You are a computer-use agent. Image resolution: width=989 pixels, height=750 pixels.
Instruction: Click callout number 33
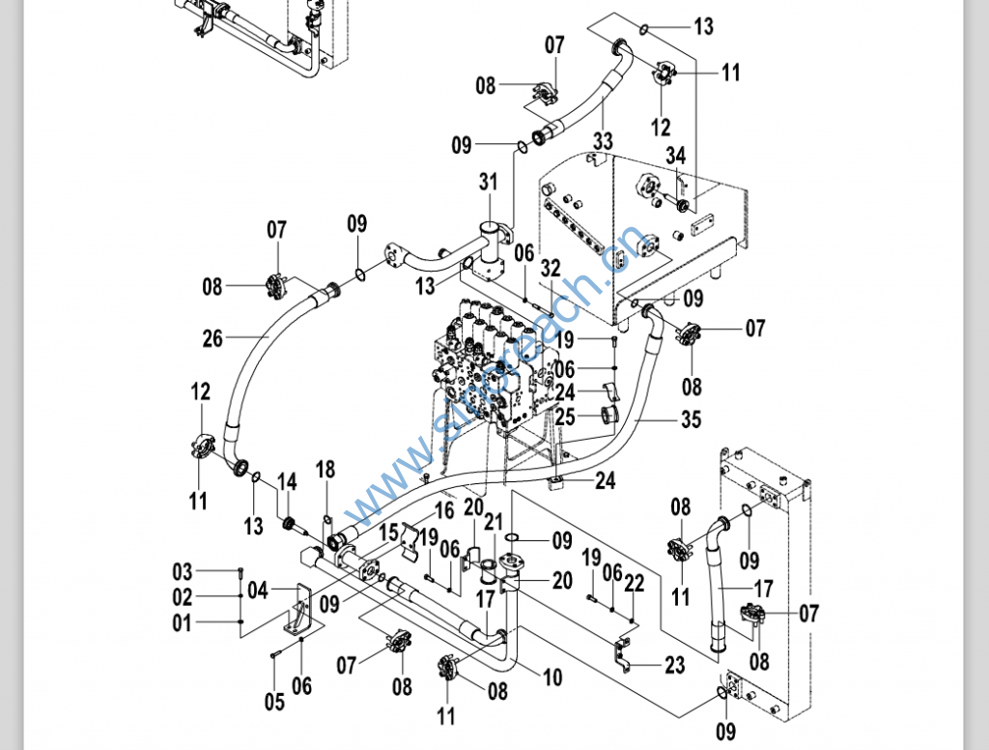[x=603, y=141]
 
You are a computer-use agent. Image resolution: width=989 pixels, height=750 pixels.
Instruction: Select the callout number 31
[x=489, y=182]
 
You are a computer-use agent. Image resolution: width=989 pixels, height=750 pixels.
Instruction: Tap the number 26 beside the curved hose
[x=212, y=338]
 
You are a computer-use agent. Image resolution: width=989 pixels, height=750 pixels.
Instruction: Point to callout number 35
[x=691, y=420]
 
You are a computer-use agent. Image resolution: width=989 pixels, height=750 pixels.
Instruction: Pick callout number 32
[x=551, y=267]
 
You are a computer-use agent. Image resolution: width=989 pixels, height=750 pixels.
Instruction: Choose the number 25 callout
[x=565, y=418]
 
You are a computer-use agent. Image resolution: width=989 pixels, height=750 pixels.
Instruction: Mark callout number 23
[x=674, y=665]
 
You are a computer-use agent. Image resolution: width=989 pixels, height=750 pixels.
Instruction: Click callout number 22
[x=634, y=583]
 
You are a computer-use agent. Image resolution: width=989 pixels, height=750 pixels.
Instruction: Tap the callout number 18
[x=325, y=470]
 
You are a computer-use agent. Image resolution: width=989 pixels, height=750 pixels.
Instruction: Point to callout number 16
[x=444, y=509]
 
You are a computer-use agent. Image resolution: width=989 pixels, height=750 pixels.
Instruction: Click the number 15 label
[x=388, y=532]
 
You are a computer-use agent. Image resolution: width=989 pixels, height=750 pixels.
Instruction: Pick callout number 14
[x=287, y=481]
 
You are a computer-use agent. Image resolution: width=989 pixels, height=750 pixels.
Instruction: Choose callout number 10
[x=552, y=678]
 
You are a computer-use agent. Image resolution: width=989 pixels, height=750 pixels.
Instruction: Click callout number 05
[x=274, y=701]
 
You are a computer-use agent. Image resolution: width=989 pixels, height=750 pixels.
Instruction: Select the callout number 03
[x=183, y=571]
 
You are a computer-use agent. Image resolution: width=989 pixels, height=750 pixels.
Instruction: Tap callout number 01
[x=183, y=623]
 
